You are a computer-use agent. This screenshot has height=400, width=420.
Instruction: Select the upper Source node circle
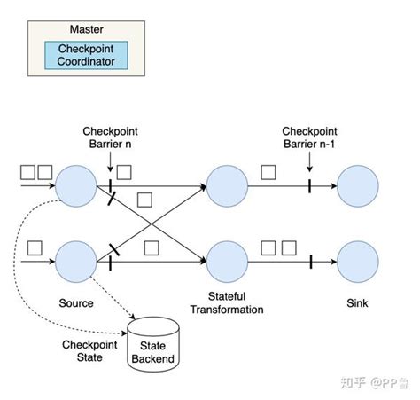tap(75, 187)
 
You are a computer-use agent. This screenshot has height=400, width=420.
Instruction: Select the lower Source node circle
tap(75, 262)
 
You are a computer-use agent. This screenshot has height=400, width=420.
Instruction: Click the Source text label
tap(75, 303)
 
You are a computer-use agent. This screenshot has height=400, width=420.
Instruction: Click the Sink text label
tap(358, 303)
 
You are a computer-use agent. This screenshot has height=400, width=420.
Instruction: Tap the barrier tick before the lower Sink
tap(311, 262)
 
